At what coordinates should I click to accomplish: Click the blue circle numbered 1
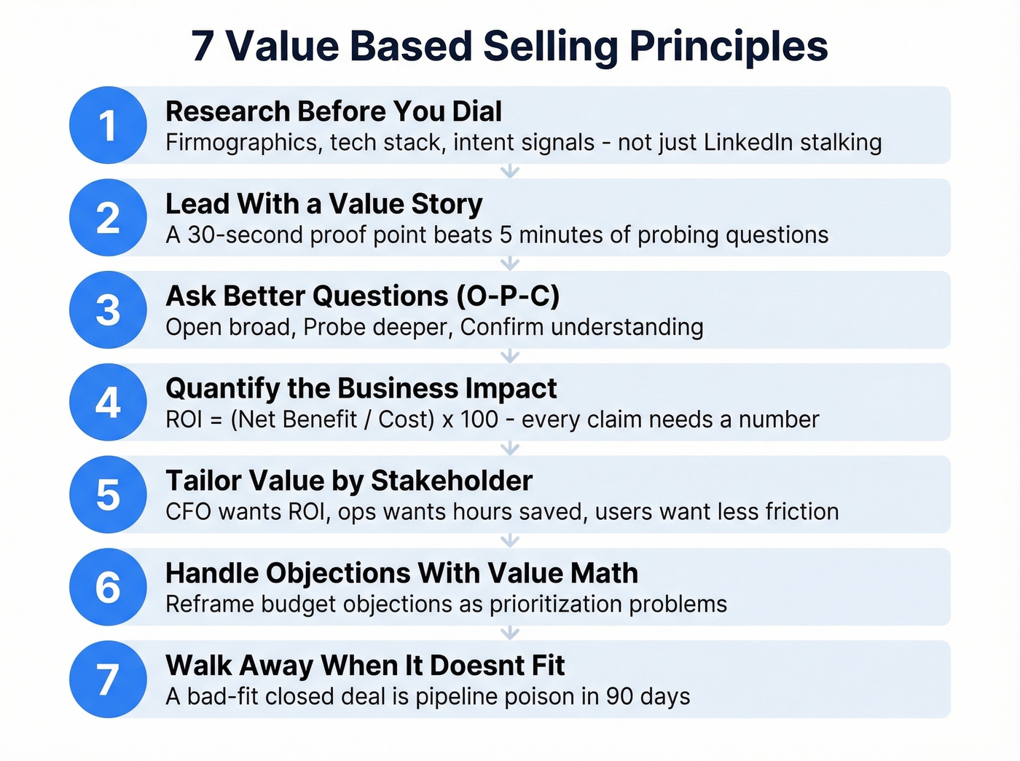[x=108, y=125]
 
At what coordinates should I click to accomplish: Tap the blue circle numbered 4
[x=108, y=402]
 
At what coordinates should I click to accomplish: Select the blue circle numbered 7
[x=108, y=679]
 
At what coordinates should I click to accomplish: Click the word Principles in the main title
[x=729, y=47]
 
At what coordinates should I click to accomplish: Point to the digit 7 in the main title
[x=203, y=47]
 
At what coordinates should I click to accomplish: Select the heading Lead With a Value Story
[x=323, y=205]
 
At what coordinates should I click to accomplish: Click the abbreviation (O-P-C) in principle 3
[x=508, y=296]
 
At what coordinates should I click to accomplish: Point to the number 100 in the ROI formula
[x=479, y=420]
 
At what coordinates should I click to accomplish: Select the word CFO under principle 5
[x=188, y=512]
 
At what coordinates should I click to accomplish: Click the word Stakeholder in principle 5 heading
[x=452, y=481]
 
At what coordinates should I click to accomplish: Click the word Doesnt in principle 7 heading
[x=476, y=666]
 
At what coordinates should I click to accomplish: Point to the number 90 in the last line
[x=619, y=697]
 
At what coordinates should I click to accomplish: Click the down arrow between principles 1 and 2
[x=510, y=171]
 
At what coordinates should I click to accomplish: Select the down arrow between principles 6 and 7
[x=510, y=633]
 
